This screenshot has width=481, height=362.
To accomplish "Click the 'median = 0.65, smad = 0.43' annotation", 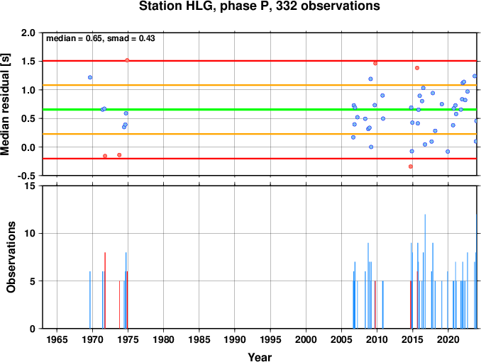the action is coord(101,38).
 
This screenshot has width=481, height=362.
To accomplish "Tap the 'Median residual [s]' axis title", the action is coord(5,104).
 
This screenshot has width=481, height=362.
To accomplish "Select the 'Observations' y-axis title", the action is coord(11,257).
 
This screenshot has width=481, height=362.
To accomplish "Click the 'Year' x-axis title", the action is coord(260,357).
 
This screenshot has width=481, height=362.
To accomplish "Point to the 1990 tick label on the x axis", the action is coord(235,339).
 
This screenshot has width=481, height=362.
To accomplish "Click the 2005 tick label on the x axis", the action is coord(341,339).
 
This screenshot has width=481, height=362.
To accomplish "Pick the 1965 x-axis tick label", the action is coord(57,339).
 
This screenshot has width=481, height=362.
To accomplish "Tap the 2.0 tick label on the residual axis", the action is coord(28,33).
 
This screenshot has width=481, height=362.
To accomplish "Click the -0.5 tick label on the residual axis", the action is coord(26,176).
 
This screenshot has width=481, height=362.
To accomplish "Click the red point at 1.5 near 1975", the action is coord(127,60).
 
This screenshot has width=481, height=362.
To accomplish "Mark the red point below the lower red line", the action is coord(411,166).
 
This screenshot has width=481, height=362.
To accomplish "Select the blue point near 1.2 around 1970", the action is coord(90,77).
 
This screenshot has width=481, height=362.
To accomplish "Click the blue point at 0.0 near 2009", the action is coord(371,147).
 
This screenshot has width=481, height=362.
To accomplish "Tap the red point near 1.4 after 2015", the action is coord(417,68).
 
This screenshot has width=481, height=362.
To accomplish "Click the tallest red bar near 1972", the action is coord(105,290).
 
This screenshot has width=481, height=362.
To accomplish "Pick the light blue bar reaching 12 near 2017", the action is coord(425,271).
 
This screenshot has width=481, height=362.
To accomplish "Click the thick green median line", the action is coord(260,110).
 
